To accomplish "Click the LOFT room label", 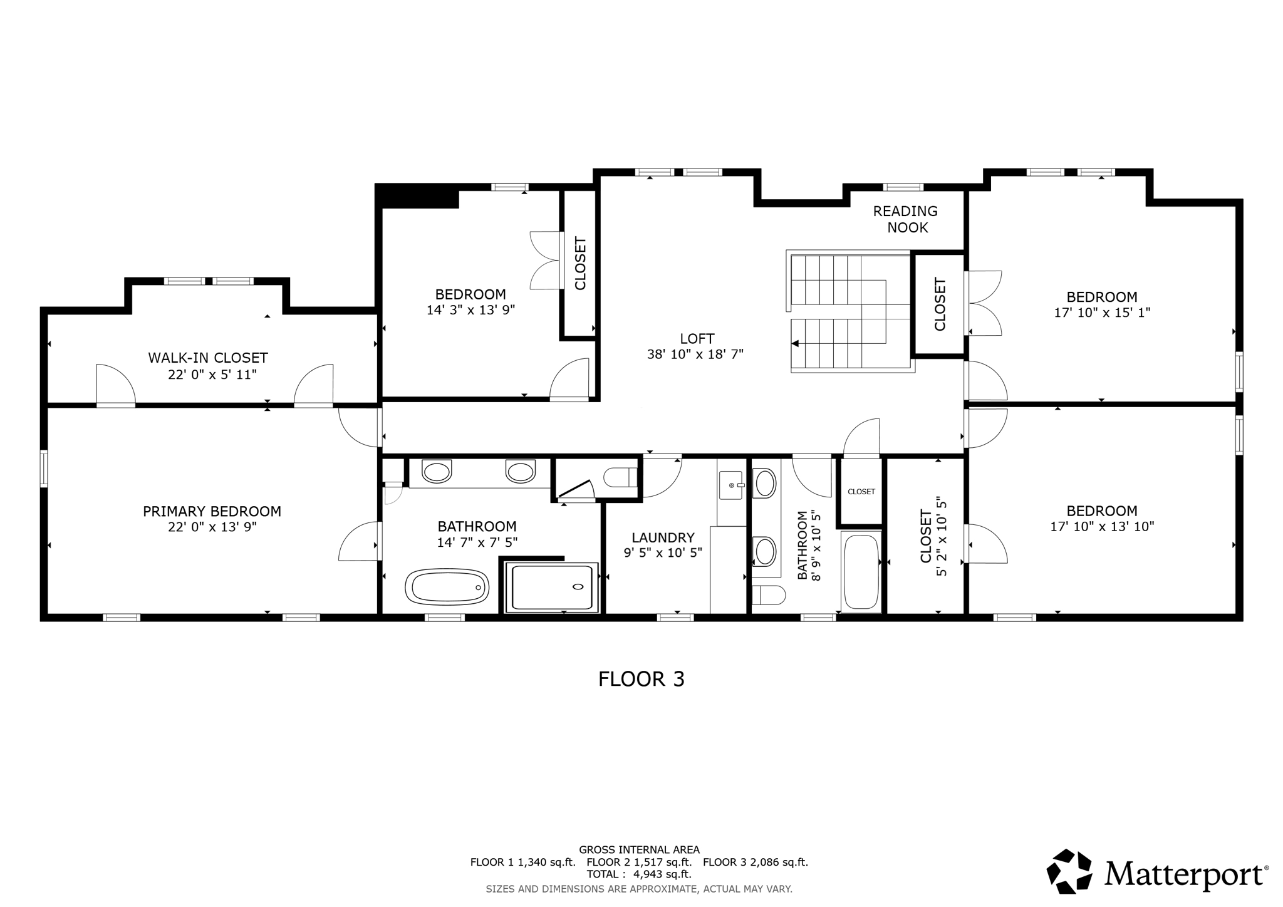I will click(697, 339).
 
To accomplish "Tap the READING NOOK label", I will click(906, 219).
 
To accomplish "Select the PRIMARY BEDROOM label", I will click(212, 511).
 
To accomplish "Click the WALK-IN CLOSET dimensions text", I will click(212, 375).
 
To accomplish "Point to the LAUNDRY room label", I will click(663, 537).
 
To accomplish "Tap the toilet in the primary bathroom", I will click(620, 477).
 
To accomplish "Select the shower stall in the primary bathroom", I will click(551, 587).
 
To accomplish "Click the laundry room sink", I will click(730, 485).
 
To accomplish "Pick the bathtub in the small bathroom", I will click(861, 571).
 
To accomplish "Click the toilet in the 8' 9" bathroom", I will click(768, 594).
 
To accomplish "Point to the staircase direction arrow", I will click(795, 343).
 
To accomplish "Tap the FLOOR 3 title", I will click(641, 679).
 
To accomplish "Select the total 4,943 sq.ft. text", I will click(638, 874).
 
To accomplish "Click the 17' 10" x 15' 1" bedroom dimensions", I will click(1102, 312).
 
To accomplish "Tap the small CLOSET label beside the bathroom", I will click(861, 492).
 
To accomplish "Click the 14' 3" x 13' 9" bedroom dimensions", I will click(470, 309).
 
